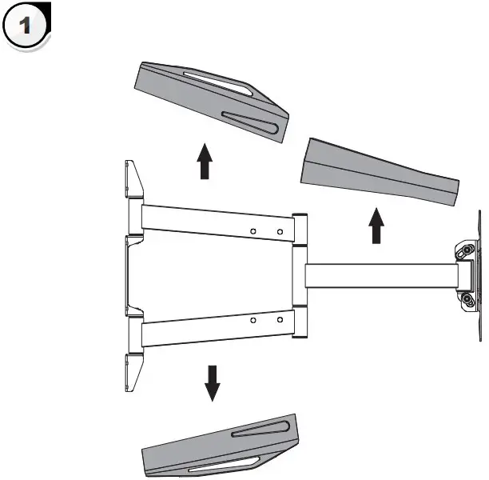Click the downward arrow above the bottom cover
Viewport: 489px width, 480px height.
click(212, 382)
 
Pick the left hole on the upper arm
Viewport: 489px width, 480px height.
click(253, 231)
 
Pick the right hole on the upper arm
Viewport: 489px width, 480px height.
click(280, 233)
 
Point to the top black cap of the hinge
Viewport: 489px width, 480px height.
click(300, 216)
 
